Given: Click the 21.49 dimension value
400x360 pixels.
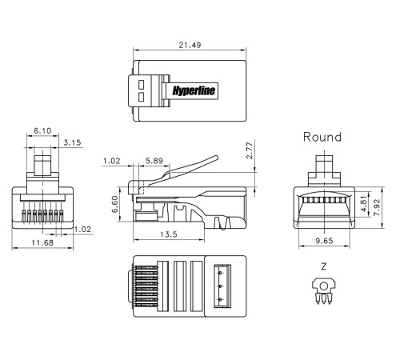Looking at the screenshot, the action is (190, 45).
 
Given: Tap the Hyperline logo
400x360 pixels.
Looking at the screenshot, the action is (194, 90).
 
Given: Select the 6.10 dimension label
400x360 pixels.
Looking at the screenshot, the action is (42, 130).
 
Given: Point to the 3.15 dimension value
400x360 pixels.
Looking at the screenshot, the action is (72, 142).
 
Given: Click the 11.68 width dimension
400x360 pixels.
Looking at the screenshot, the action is (42, 242).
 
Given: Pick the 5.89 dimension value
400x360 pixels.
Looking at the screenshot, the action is (154, 161).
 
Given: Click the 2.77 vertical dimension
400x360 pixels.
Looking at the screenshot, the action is (249, 150).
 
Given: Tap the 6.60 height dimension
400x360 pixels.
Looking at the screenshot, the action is (114, 204).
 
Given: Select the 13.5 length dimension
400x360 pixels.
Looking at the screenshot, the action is (169, 234).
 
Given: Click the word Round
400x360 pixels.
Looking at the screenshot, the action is (322, 137).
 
